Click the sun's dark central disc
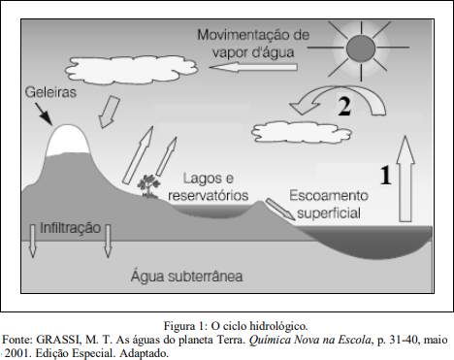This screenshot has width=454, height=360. tap(361, 49)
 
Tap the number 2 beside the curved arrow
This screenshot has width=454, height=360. tap(344, 106)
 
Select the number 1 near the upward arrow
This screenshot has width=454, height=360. tap(385, 176)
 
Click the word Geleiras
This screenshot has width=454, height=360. tap(50, 92)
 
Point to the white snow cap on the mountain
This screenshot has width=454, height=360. tap(67, 141)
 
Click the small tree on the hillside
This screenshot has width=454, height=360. tap(148, 185)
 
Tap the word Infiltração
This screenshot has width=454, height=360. tap(70, 228)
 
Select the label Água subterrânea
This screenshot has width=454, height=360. tap(187, 277)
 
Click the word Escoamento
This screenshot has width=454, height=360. tap(329, 196)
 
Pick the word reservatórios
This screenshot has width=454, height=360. tap(209, 196)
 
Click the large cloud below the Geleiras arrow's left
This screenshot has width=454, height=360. tap(131, 70)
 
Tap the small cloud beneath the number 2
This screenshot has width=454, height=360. tap(302, 132)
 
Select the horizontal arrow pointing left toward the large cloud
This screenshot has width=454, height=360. tap(253, 67)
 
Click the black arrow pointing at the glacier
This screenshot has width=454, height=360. tap(44, 115)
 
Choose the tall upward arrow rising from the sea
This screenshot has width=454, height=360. tap(405, 179)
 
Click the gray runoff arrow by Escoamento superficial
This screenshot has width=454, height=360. tap(280, 210)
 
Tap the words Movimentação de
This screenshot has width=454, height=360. tap(253, 35)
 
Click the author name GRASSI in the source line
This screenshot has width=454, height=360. tap(57, 340)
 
